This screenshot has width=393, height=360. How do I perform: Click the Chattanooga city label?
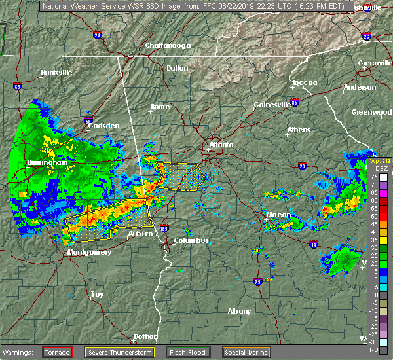[x=167, y=45]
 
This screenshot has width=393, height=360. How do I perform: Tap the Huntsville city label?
[x=56, y=73]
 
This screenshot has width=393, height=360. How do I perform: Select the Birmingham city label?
[x=47, y=162]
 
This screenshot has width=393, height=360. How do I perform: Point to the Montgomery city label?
[x=90, y=252]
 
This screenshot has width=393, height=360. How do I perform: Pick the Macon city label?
[x=278, y=215]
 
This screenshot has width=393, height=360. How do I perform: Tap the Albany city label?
[x=239, y=311]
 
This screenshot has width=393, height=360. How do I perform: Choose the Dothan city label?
[x=145, y=336]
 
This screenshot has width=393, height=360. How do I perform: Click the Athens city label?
[x=298, y=130]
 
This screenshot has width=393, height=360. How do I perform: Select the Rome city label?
[x=160, y=107]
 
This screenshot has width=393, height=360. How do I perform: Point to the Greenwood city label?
[x=371, y=112]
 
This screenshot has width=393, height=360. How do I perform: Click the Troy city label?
[x=97, y=295]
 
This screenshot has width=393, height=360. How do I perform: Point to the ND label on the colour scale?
[x=373, y=350]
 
